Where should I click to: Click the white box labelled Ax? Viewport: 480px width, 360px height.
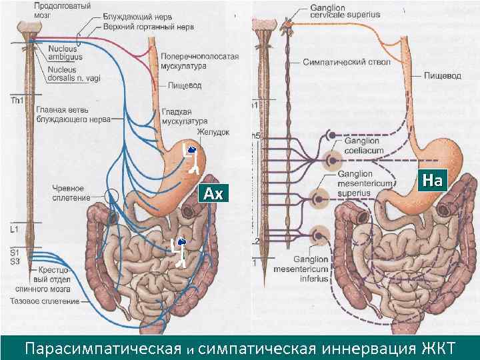point(213,194)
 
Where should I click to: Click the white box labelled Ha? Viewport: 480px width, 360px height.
point(433,179)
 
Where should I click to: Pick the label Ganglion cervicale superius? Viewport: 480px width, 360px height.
point(331,11)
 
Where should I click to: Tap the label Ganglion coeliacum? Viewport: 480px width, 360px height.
point(362,145)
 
